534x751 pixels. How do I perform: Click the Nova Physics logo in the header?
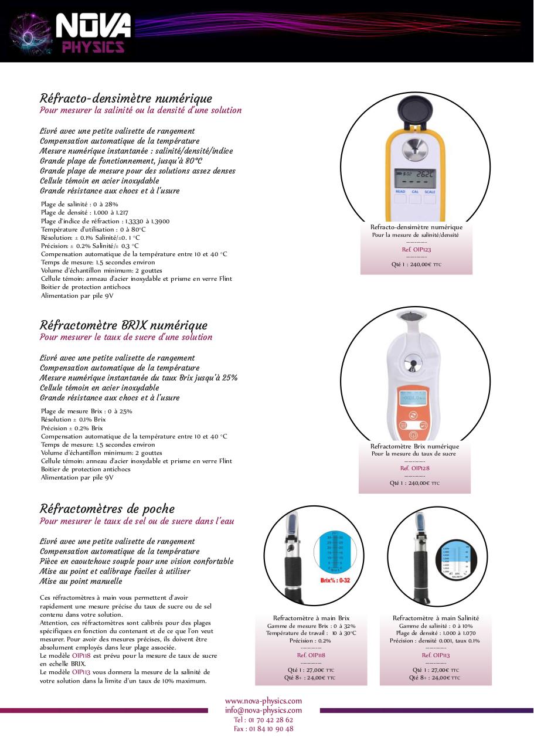tap(70, 32)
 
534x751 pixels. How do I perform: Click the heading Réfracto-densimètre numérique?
tap(125, 98)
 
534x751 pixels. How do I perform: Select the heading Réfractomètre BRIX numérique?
tap(123, 325)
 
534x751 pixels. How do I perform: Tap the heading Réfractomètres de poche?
tap(107, 508)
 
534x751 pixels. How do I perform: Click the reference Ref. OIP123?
tap(416, 249)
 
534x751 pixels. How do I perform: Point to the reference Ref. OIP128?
tap(414, 468)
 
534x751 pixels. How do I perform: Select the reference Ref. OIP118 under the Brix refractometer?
tap(311, 655)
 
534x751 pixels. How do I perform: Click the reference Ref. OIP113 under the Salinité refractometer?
tap(436, 655)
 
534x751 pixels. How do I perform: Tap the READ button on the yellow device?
tap(400, 192)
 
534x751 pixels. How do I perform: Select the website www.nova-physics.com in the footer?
tap(263, 701)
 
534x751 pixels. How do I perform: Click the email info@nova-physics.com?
tap(263, 710)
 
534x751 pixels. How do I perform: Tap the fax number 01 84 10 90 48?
tap(263, 729)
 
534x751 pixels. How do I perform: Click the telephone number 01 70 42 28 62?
tap(263, 719)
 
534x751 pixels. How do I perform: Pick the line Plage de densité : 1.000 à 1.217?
tap(84, 212)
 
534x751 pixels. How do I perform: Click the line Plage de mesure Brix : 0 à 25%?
tap(86, 411)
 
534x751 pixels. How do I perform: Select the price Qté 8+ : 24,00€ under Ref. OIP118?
tap(310, 677)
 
